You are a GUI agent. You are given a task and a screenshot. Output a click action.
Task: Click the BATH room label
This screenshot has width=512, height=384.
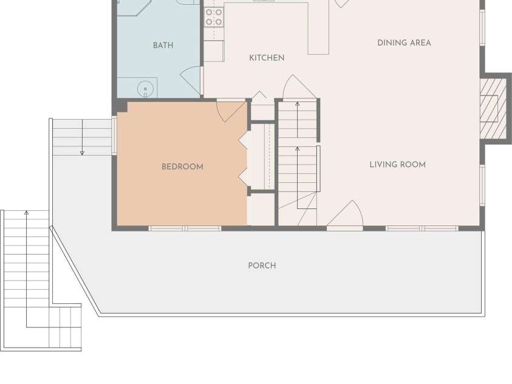pyautogui.click(x=163, y=46)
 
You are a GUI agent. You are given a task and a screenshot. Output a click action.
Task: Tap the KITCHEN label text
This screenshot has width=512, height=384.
pyautogui.click(x=267, y=58)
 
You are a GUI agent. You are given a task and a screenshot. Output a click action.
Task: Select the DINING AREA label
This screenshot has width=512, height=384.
pyautogui.click(x=404, y=43)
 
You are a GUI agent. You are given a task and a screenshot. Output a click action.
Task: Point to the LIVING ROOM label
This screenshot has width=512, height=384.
pyautogui.click(x=398, y=165)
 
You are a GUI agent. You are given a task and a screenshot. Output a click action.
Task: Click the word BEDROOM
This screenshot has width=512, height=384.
pyautogui.click(x=183, y=166)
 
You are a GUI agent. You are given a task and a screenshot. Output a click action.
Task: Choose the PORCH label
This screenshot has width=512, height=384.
pyautogui.click(x=262, y=266)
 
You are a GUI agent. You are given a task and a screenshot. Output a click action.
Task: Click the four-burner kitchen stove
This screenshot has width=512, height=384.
pyautogui.click(x=214, y=17)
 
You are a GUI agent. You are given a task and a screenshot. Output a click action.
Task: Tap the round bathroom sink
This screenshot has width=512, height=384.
pyautogui.click(x=145, y=89)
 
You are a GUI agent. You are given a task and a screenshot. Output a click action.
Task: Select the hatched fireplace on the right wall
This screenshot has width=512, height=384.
pyautogui.click(x=493, y=108)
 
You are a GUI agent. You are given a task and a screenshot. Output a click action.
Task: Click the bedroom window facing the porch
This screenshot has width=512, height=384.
pyautogui.click(x=185, y=228)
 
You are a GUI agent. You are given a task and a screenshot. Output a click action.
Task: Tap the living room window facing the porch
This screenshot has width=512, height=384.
pyautogui.click(x=422, y=228)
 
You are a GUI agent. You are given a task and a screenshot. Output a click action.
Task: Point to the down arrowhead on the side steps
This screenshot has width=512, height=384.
pyautogui.click(x=82, y=153)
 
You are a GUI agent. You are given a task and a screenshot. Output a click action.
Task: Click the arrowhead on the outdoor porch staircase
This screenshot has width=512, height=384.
pyautogui.click(x=27, y=213)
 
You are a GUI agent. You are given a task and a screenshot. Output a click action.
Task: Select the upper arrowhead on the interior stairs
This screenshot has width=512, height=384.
pyautogui.click(x=297, y=104)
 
